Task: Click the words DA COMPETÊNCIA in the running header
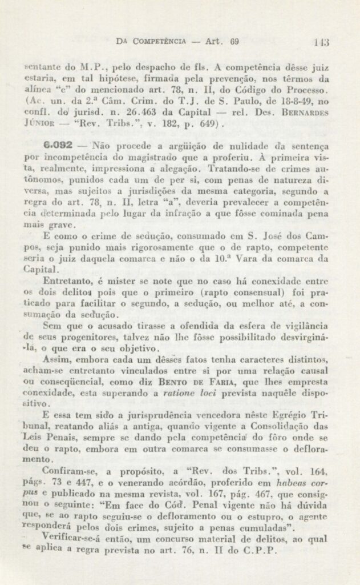click(151, 41)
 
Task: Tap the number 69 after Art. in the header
click(234, 41)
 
